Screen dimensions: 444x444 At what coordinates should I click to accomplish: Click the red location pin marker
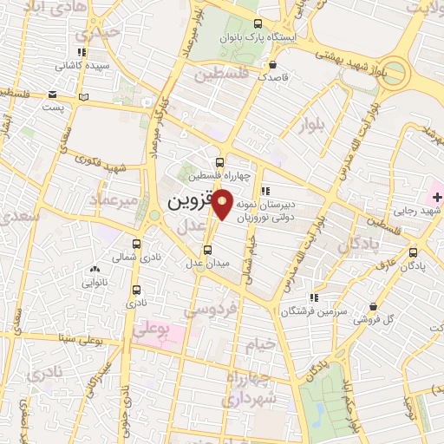[x=223, y=203]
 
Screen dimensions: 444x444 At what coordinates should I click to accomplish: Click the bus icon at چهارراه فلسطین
[x=220, y=161]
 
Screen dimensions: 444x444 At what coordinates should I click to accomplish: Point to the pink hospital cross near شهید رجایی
[x=436, y=198]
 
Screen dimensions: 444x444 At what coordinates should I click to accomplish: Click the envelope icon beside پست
[x=53, y=94]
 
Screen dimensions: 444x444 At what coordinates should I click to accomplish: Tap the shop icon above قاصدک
[x=273, y=64]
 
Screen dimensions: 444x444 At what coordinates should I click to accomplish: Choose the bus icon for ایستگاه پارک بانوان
[x=257, y=25]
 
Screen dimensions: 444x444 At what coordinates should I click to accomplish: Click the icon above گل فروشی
[x=374, y=307]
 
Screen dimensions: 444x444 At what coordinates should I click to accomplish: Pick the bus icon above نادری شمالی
[x=137, y=245]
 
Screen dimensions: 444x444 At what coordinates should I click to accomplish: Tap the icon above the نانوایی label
[x=94, y=271]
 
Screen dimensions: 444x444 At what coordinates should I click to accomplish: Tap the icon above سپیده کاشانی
[x=84, y=52]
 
